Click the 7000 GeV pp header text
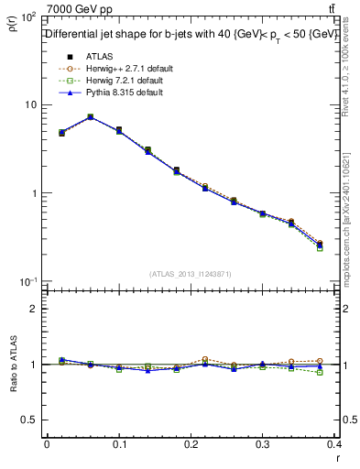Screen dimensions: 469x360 tap(80, 8)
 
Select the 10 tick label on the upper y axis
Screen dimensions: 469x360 tap(29, 105)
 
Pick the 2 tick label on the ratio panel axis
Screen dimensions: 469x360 tap(34, 309)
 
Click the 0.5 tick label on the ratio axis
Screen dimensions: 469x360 tap(29, 420)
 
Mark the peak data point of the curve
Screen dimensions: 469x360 tap(90, 117)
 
